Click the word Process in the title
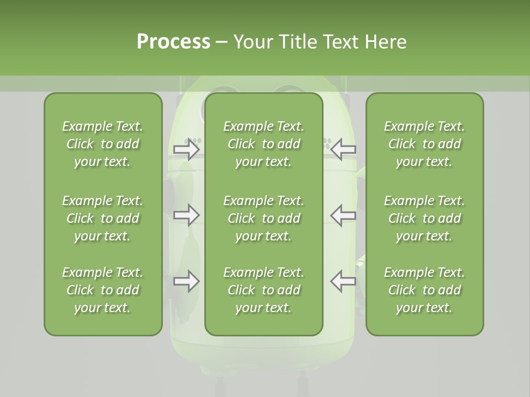(173, 42)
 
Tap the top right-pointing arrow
(187, 149)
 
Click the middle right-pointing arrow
(187, 215)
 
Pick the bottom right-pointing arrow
(187, 281)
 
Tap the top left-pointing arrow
(343, 149)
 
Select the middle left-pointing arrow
(343, 215)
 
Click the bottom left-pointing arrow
(343, 281)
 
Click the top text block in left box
(103, 144)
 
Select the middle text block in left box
(103, 218)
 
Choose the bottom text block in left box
(103, 290)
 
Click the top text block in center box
(263, 144)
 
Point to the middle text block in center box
(263, 218)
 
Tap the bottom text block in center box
(263, 290)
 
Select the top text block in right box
(424, 144)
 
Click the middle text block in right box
(424, 218)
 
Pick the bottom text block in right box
(424, 290)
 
